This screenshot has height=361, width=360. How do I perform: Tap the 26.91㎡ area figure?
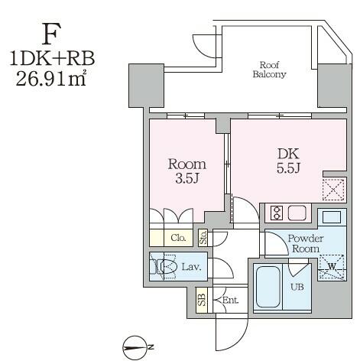tap(51, 77)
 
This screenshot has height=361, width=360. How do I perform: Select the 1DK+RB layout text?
tap(52, 58)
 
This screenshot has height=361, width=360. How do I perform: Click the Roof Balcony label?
tap(270, 70)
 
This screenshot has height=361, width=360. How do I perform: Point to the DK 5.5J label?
tap(288, 161)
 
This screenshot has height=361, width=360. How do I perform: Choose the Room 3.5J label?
tap(187, 171)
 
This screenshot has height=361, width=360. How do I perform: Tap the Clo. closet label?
tap(178, 238)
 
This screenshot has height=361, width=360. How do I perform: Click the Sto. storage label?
tap(203, 238)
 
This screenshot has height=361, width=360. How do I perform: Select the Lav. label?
tap(191, 267)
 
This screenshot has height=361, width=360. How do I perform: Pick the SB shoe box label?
tap(202, 300)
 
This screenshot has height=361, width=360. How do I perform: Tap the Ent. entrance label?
tap(230, 301)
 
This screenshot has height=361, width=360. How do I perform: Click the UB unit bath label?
tap(297, 287)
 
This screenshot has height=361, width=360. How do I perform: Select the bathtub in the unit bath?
tap(268, 287)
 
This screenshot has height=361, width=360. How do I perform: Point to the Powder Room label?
tap(306, 243)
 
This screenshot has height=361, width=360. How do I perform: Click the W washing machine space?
tap(332, 267)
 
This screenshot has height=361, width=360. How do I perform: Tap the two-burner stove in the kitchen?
tap(277, 213)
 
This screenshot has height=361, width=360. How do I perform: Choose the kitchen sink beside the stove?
tap(297, 213)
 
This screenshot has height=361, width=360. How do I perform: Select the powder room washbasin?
tap(332, 217)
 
